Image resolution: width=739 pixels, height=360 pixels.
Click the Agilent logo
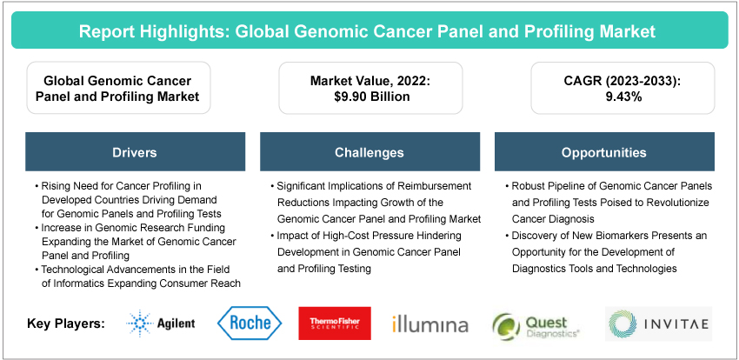160,323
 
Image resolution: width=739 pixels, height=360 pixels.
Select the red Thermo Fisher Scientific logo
334,323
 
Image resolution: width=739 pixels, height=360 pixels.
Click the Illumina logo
429,324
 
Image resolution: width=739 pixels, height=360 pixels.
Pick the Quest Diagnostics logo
535,323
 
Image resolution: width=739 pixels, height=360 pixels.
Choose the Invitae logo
658,323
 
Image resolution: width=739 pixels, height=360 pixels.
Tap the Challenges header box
369,152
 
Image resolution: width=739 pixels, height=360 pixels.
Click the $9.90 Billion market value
369,97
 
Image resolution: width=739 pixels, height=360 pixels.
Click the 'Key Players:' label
66,323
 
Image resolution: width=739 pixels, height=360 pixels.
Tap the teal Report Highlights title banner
369,32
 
